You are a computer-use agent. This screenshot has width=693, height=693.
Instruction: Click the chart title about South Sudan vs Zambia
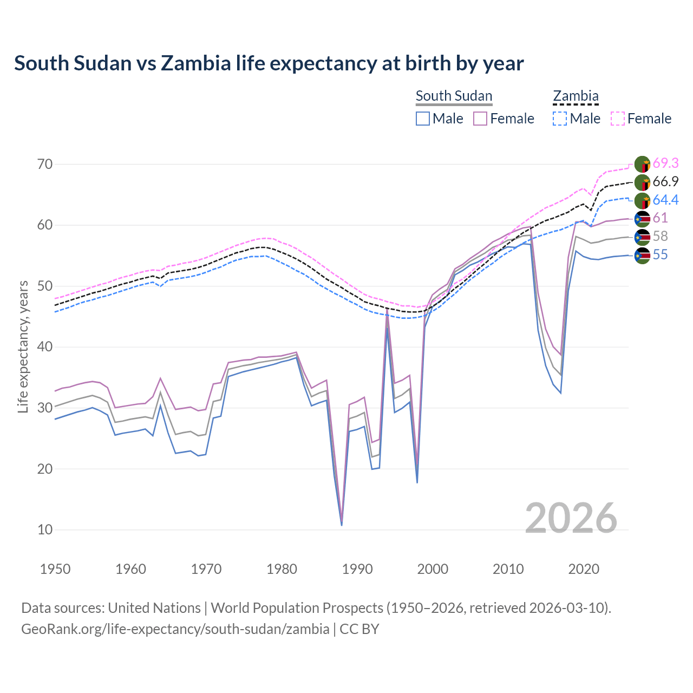269,63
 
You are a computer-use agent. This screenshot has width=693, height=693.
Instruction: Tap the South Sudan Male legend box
423,119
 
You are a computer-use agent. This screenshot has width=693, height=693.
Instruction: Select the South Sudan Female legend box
481,119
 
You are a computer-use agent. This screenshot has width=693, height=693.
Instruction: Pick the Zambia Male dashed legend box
560,119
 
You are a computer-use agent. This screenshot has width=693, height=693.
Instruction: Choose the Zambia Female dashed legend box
618,119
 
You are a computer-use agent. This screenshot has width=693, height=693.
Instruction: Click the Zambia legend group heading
576,96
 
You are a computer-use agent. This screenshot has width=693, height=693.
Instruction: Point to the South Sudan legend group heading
454,96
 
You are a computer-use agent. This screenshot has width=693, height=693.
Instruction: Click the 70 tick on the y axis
45,164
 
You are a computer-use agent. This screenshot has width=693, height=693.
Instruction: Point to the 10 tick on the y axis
45,529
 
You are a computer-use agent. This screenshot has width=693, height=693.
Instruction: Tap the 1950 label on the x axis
56,569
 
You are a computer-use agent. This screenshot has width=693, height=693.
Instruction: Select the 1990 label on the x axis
357,569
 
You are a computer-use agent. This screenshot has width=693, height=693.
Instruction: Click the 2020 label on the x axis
584,569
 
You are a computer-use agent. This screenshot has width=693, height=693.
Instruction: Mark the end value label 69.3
665,163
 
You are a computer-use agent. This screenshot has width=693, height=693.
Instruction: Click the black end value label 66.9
665,181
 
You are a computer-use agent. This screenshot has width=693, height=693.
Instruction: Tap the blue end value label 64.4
665,200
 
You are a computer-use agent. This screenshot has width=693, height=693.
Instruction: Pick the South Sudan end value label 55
660,254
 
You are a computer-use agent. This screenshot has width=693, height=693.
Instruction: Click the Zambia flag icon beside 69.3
642,164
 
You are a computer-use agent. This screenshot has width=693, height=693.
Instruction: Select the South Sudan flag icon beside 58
642,237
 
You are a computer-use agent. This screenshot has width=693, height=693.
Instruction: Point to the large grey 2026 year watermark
571,518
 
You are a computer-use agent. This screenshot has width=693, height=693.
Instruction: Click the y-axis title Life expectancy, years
23,346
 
